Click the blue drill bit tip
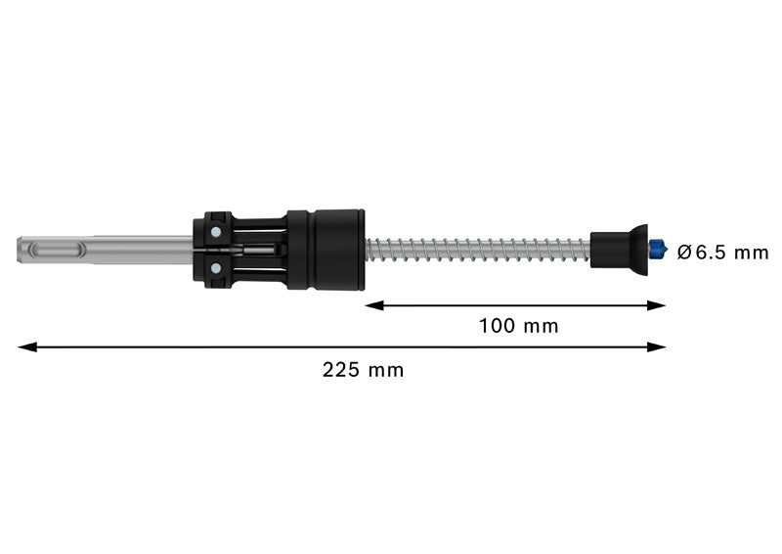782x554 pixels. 659,250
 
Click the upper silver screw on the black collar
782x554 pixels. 213,232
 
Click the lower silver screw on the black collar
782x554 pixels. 213,268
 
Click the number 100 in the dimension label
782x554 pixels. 496,326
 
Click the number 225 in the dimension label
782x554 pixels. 338,370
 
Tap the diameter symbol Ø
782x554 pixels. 684,252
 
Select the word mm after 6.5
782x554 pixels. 751,253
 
